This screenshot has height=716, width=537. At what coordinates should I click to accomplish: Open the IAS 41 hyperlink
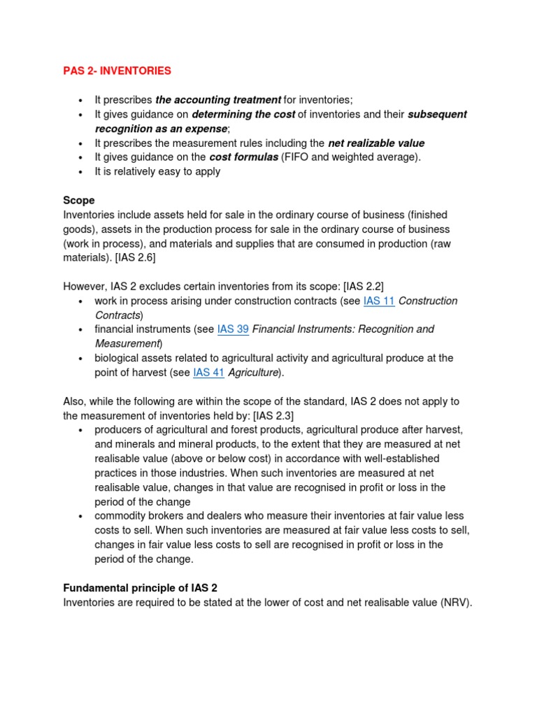pos(208,373)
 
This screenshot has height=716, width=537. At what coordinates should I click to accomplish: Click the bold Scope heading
pos(78,200)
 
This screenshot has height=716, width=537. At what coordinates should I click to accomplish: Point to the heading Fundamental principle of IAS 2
pos(145,587)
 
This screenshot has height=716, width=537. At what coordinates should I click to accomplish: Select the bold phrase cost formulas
pos(243,157)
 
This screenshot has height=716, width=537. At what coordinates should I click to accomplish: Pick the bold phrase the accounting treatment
pos(218,100)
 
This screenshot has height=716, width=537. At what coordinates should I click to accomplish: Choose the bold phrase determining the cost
pos(243,114)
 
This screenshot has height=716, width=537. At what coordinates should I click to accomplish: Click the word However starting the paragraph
pos(85,286)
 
